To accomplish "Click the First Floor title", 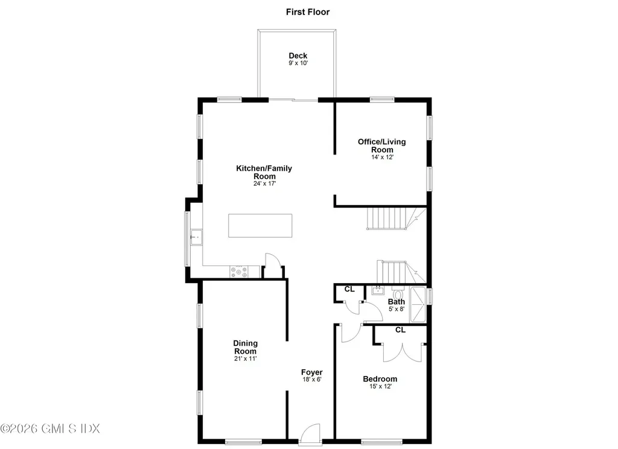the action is pos(307,12).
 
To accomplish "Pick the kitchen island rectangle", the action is pos(260,226).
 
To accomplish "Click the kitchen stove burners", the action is pos(239,272).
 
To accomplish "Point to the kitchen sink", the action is pos(196,237).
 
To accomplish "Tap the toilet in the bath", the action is pos(398,293).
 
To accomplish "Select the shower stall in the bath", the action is pos(418,304).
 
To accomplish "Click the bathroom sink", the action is pos(378,290).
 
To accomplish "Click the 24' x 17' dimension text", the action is pos(264,183).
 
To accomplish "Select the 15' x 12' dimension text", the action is pos(380,386).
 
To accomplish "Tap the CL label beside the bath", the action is pos(349,289).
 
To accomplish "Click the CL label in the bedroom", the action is pos(400,330).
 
